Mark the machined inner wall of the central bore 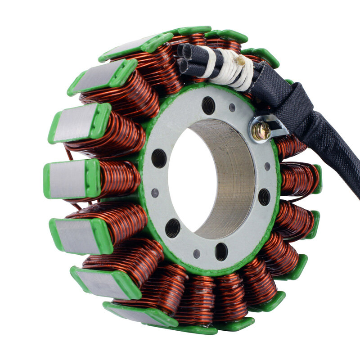234,180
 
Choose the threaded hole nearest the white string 208,105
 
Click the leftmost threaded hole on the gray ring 159,158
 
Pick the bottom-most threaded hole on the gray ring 221,252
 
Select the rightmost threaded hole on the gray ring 264,197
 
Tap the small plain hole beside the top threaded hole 232,108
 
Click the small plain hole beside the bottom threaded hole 197,254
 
